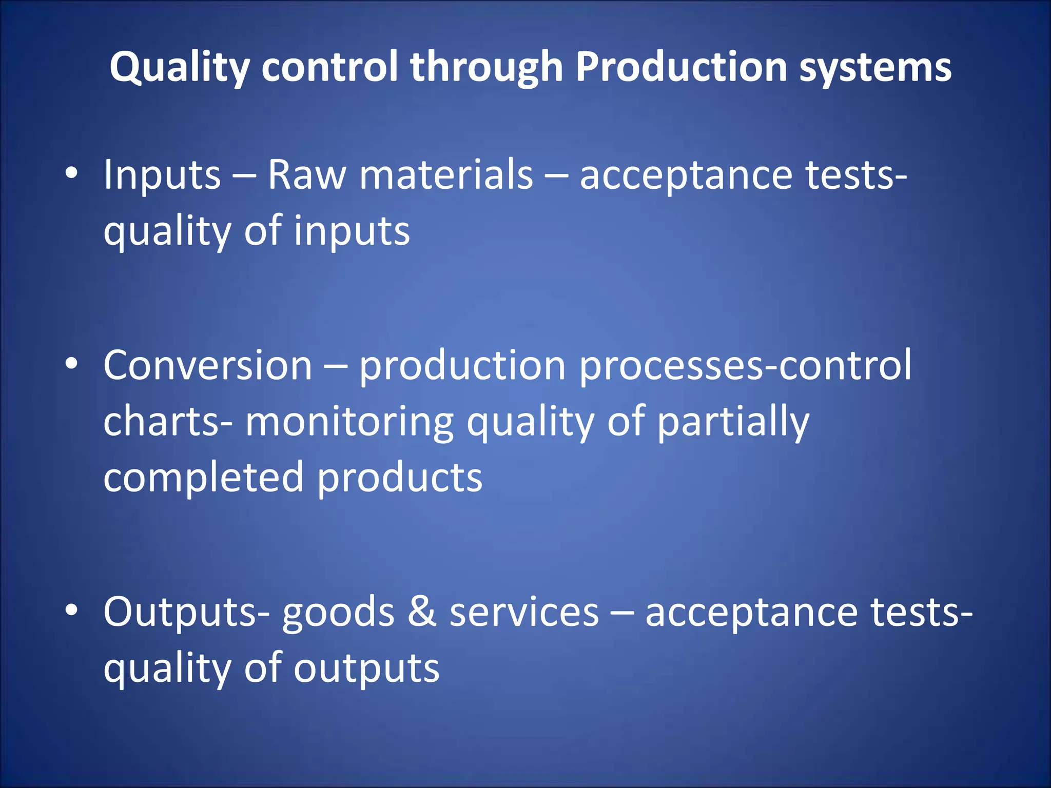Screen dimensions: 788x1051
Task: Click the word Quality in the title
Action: click(179, 67)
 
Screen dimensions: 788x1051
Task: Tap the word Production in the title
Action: click(681, 67)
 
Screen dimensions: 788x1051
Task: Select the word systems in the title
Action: click(875, 67)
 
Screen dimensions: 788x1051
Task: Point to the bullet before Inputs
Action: click(71, 173)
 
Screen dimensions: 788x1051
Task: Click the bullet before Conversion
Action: click(71, 364)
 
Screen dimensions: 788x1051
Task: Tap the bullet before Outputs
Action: click(71, 610)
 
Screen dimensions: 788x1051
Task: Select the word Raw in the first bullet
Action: click(306, 174)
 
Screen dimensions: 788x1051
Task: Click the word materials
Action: click(446, 174)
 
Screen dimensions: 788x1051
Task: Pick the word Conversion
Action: click(208, 365)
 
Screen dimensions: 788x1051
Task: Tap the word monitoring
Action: click(349, 422)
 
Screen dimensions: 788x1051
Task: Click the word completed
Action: click(204, 478)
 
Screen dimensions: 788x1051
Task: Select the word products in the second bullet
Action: click(400, 478)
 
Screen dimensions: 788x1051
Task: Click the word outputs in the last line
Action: click(366, 668)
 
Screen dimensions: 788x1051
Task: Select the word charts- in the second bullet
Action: click(168, 421)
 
